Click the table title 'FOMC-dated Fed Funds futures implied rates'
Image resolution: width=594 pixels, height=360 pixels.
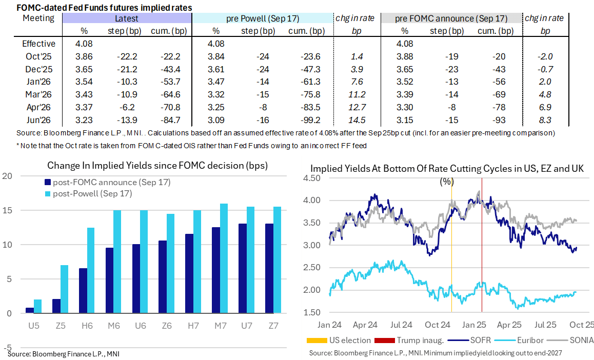pyautogui.click(x=104, y=8)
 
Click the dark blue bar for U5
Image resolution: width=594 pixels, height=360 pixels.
pyautogui.click(x=30, y=310)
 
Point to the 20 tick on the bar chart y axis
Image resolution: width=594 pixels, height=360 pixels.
pyautogui.click(x=7, y=176)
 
